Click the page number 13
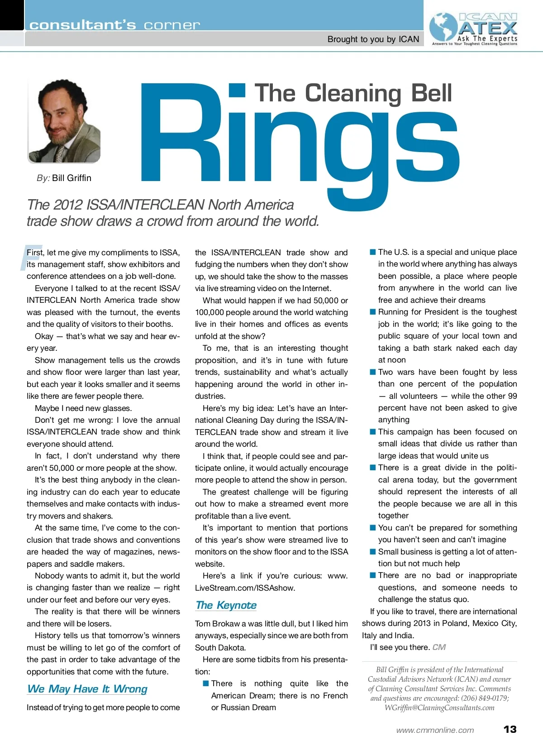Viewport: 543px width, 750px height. pyautogui.click(x=510, y=729)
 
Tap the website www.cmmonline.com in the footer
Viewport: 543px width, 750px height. pyautogui.click(x=435, y=730)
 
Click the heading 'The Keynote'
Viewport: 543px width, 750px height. pyautogui.click(x=226, y=605)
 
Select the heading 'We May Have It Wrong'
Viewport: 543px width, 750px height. pyautogui.click(x=87, y=689)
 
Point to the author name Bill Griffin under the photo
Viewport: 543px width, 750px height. pyautogui.click(x=71, y=178)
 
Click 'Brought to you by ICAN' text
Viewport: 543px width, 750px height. pyautogui.click(x=373, y=39)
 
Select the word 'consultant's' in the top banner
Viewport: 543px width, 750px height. pyautogui.click(x=82, y=25)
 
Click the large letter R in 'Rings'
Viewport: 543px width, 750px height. pyautogui.click(x=181, y=134)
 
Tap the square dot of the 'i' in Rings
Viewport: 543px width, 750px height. pyautogui.click(x=237, y=90)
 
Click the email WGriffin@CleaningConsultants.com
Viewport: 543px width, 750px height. pyautogui.click(x=439, y=707)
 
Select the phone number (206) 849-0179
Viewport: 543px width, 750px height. pyautogui.click(x=484, y=698)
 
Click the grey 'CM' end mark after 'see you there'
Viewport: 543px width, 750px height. pyautogui.click(x=439, y=647)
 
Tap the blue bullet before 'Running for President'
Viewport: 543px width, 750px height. pyautogui.click(x=373, y=312)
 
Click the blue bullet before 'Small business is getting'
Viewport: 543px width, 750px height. pyautogui.click(x=373, y=552)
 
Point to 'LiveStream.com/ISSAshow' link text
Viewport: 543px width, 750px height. pyautogui.click(x=245, y=588)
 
